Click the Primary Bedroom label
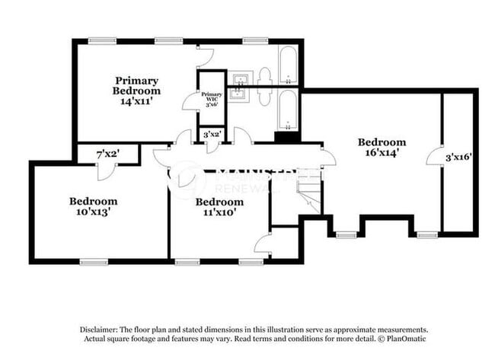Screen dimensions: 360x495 coord(136,85)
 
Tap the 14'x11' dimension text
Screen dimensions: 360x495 coord(136,100)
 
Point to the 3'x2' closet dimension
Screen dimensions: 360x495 coord(212,134)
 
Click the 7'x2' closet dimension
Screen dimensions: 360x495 coord(107,155)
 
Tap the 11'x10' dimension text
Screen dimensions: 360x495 coord(219,214)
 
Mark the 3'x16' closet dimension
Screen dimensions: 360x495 coord(459,158)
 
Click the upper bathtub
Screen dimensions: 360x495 coord(288,67)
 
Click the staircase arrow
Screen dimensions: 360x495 coord(308,194)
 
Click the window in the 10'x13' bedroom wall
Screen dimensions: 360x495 coord(94,263)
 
